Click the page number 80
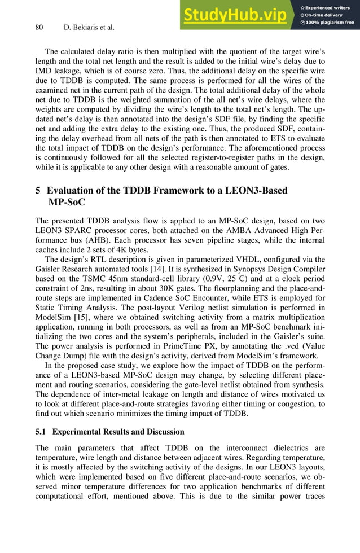pyautogui.click(x=39, y=27)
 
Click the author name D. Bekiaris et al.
pyautogui.click(x=90, y=27)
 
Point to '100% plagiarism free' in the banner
pyautogui.click(x=331, y=23)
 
